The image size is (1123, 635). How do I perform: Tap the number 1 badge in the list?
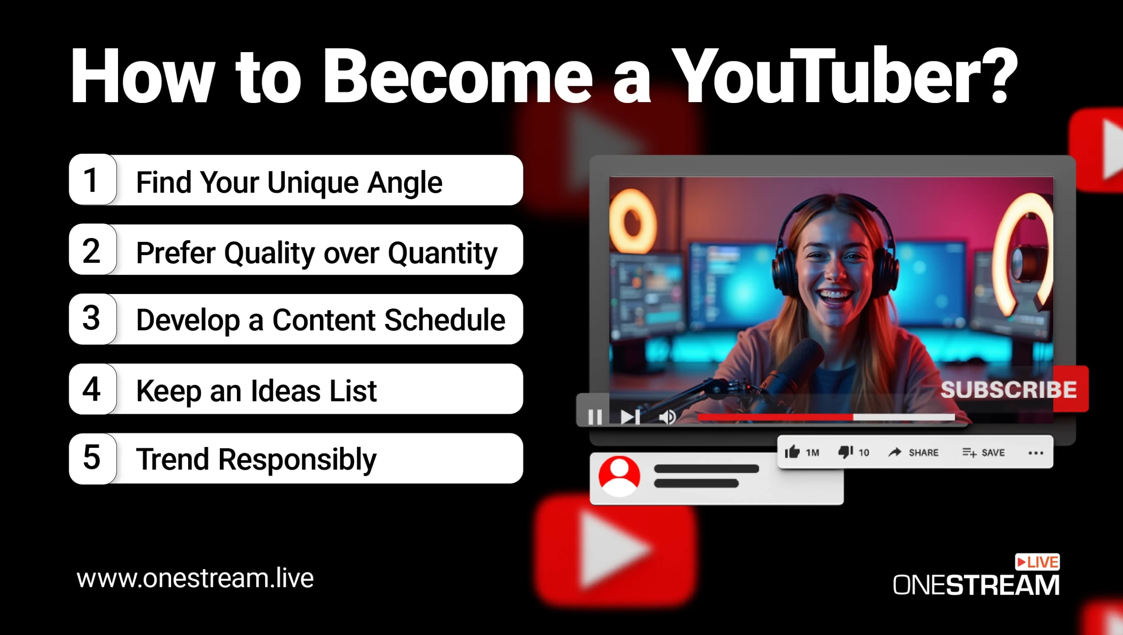pos(93,180)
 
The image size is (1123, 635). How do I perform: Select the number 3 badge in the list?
pos(93,319)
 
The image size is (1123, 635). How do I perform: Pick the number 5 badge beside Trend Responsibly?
pos(93,458)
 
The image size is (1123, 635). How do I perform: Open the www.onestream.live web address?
pos(195,578)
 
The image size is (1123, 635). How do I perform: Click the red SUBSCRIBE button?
pos(1014,389)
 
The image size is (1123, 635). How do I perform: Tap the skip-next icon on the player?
pos(630,417)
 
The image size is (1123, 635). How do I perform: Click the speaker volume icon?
pos(668,417)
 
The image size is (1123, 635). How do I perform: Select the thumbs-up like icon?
pos(792,452)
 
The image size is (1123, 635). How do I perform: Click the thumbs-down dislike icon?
pos(845,452)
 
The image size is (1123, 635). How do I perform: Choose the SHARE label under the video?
pos(923,453)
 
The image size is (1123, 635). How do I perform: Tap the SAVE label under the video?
pos(993,453)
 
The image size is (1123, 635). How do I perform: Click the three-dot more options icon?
pos(1036,453)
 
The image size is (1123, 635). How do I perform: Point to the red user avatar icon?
pos(619,476)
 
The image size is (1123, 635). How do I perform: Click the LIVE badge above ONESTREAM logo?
pos(1037,562)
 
